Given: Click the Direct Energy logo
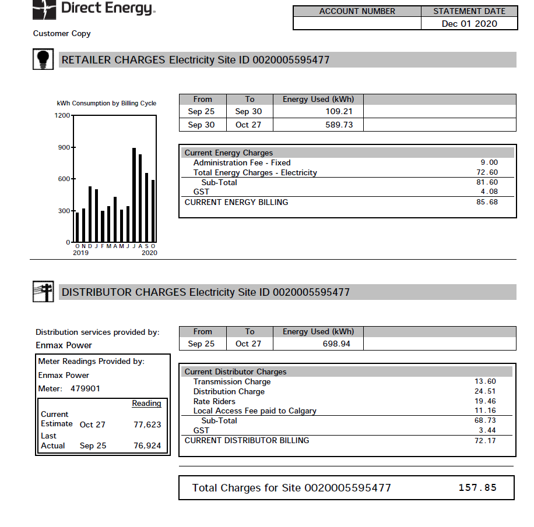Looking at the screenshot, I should pos(93,9).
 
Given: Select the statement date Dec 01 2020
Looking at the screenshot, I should pos(469,23).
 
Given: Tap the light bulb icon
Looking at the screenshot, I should pos(43,59).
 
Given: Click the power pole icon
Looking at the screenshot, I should pos(43,292).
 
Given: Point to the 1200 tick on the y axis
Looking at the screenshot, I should pos(62,116).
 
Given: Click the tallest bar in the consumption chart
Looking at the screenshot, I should pos(134,195).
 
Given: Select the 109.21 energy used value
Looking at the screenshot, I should pos(339,111).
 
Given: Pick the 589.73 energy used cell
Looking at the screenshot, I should pos(339,125).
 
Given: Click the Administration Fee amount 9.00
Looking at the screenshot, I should pos(489,163).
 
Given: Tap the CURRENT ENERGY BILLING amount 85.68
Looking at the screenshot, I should pos(487,202).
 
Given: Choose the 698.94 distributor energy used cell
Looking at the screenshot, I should pos(336,344).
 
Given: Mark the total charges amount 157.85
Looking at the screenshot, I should pos(477,487).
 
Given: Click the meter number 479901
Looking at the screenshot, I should pos(85,388).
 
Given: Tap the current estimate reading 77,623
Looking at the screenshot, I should pos(147,425).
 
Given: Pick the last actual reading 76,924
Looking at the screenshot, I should pos(147,445).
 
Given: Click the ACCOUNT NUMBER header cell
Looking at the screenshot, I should pos(357,11).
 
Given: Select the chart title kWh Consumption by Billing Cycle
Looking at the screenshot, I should pos(107,103).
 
